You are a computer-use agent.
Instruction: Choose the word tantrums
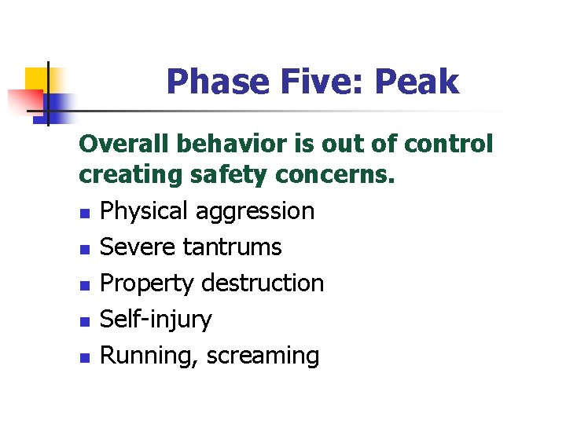point(232,247)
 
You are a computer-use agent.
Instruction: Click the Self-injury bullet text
point(156,320)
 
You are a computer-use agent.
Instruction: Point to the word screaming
point(263,356)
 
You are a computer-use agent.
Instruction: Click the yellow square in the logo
point(37,79)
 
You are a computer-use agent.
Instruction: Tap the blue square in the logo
point(58,102)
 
